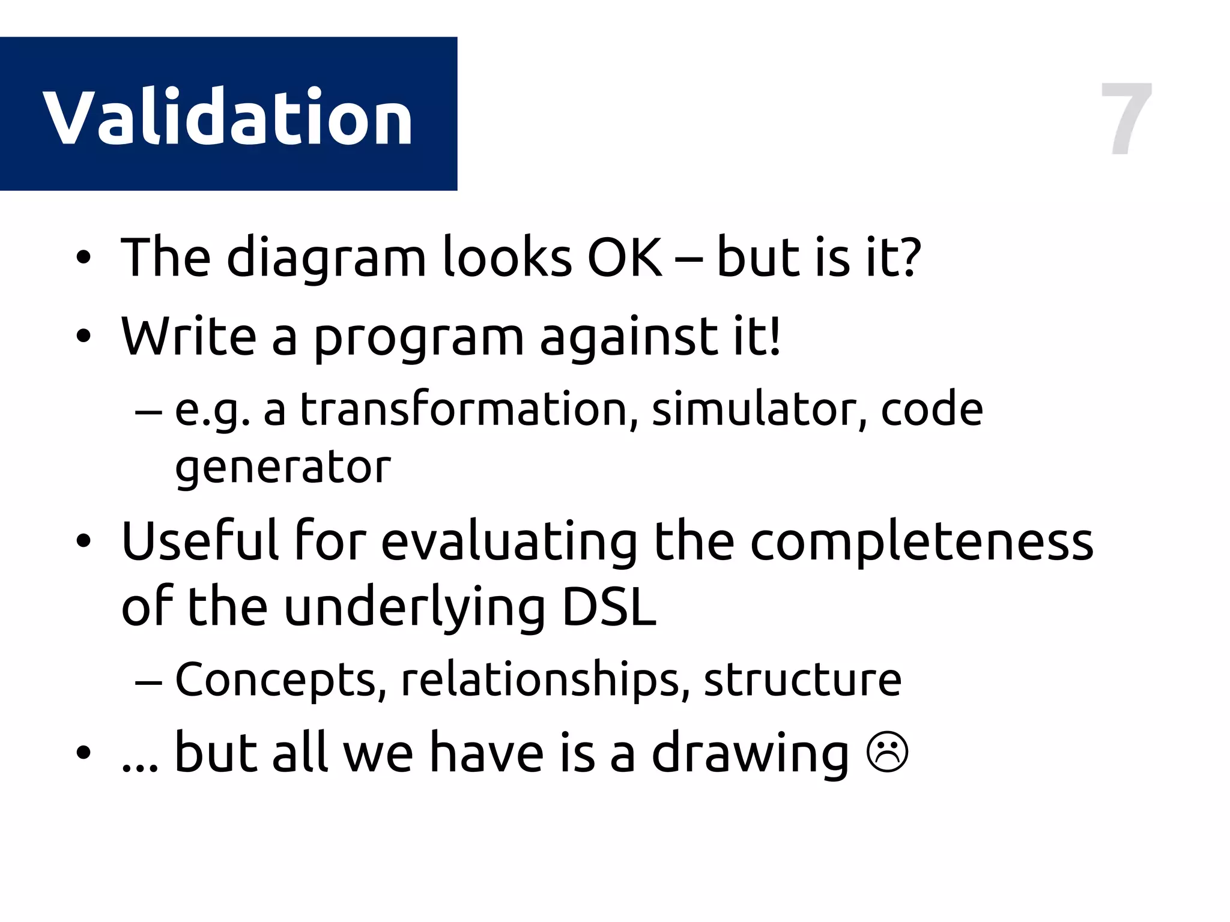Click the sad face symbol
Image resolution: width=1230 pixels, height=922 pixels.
pos(888,754)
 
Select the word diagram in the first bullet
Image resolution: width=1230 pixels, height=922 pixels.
pos(326,258)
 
